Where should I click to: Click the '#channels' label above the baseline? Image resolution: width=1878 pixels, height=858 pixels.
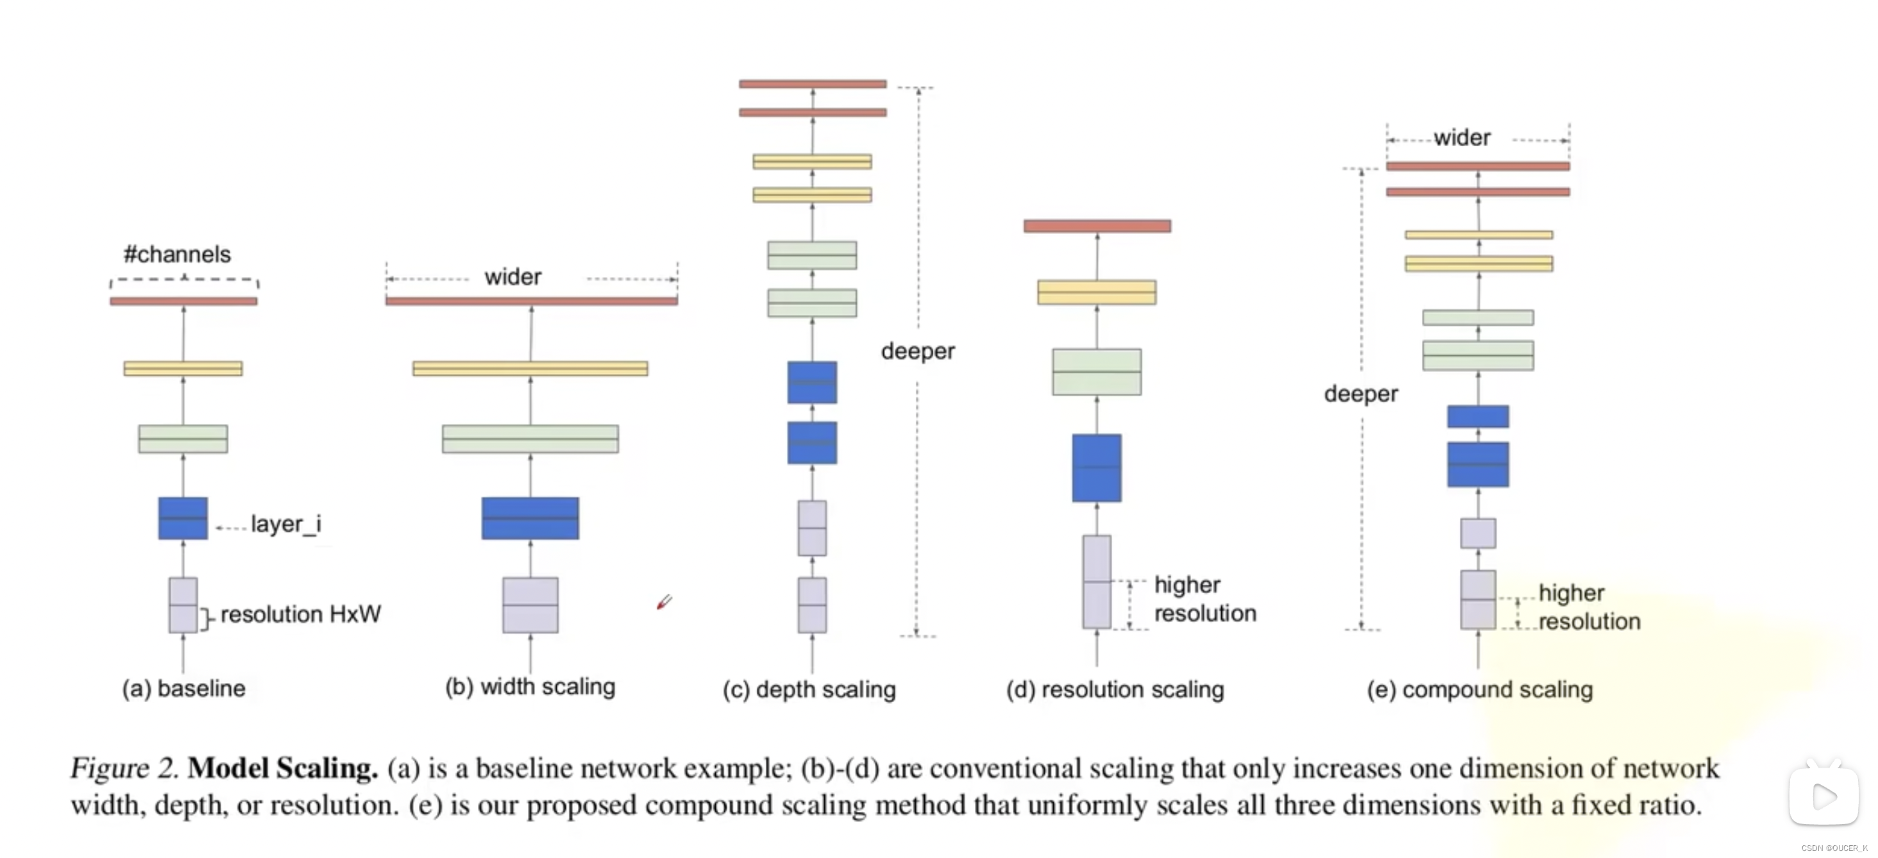coord(177,255)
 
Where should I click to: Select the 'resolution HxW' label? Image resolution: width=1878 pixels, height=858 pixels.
coord(300,614)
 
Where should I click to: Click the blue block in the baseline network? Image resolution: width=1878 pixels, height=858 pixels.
coord(183,518)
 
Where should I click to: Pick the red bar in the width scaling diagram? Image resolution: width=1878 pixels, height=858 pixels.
coord(532,301)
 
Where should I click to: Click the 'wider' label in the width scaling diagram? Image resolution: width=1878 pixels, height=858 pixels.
coord(512,278)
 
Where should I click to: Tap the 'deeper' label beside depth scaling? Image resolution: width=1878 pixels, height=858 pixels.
coord(917,351)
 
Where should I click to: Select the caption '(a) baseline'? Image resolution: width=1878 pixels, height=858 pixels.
coord(183,688)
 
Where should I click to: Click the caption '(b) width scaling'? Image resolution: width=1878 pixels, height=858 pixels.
coord(530,687)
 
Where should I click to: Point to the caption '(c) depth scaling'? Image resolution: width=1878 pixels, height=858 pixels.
coord(809,689)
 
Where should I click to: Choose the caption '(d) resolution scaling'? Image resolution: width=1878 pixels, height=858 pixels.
coord(1115,689)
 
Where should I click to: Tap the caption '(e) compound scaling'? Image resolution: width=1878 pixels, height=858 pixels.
coord(1479,689)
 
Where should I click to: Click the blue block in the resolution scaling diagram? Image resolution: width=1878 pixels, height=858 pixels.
coord(1097,468)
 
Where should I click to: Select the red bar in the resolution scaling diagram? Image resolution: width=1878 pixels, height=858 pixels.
coord(1097,226)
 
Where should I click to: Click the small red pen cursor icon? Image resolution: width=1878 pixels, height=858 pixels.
coord(664,602)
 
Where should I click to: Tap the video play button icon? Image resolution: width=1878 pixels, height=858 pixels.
coord(1823,795)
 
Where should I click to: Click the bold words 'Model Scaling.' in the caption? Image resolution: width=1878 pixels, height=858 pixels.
coord(282,768)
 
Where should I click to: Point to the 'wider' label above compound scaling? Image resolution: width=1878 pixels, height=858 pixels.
coord(1462,138)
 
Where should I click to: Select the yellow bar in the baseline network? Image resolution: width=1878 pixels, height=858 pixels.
coord(183,369)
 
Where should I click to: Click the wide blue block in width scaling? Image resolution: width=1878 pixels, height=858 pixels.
coord(530,518)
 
